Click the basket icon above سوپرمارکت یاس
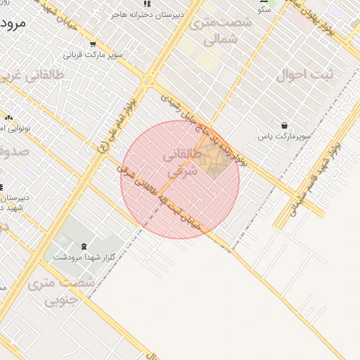[284, 124]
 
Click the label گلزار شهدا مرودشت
[78, 257]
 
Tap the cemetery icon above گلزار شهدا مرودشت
[84, 246]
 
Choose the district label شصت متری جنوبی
[60, 292]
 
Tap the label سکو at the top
[264, 9]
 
